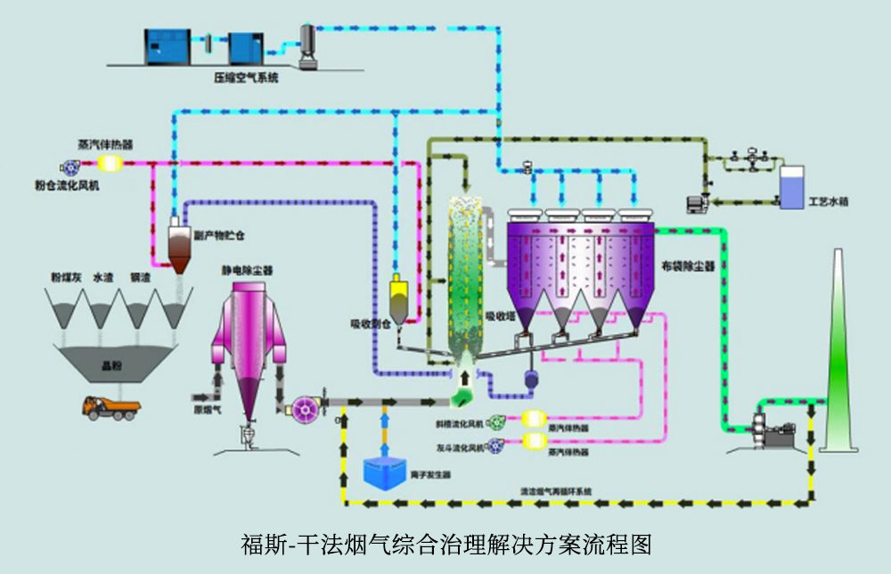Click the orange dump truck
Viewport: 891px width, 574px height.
coord(110,408)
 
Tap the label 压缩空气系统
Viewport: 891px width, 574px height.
coord(246,78)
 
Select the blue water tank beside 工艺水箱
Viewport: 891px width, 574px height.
coord(789,187)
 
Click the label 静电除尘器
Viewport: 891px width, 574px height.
coord(248,269)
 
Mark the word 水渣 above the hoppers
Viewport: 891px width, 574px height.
coord(103,278)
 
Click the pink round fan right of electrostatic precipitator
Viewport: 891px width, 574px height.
coord(303,408)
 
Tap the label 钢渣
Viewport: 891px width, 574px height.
coord(139,278)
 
